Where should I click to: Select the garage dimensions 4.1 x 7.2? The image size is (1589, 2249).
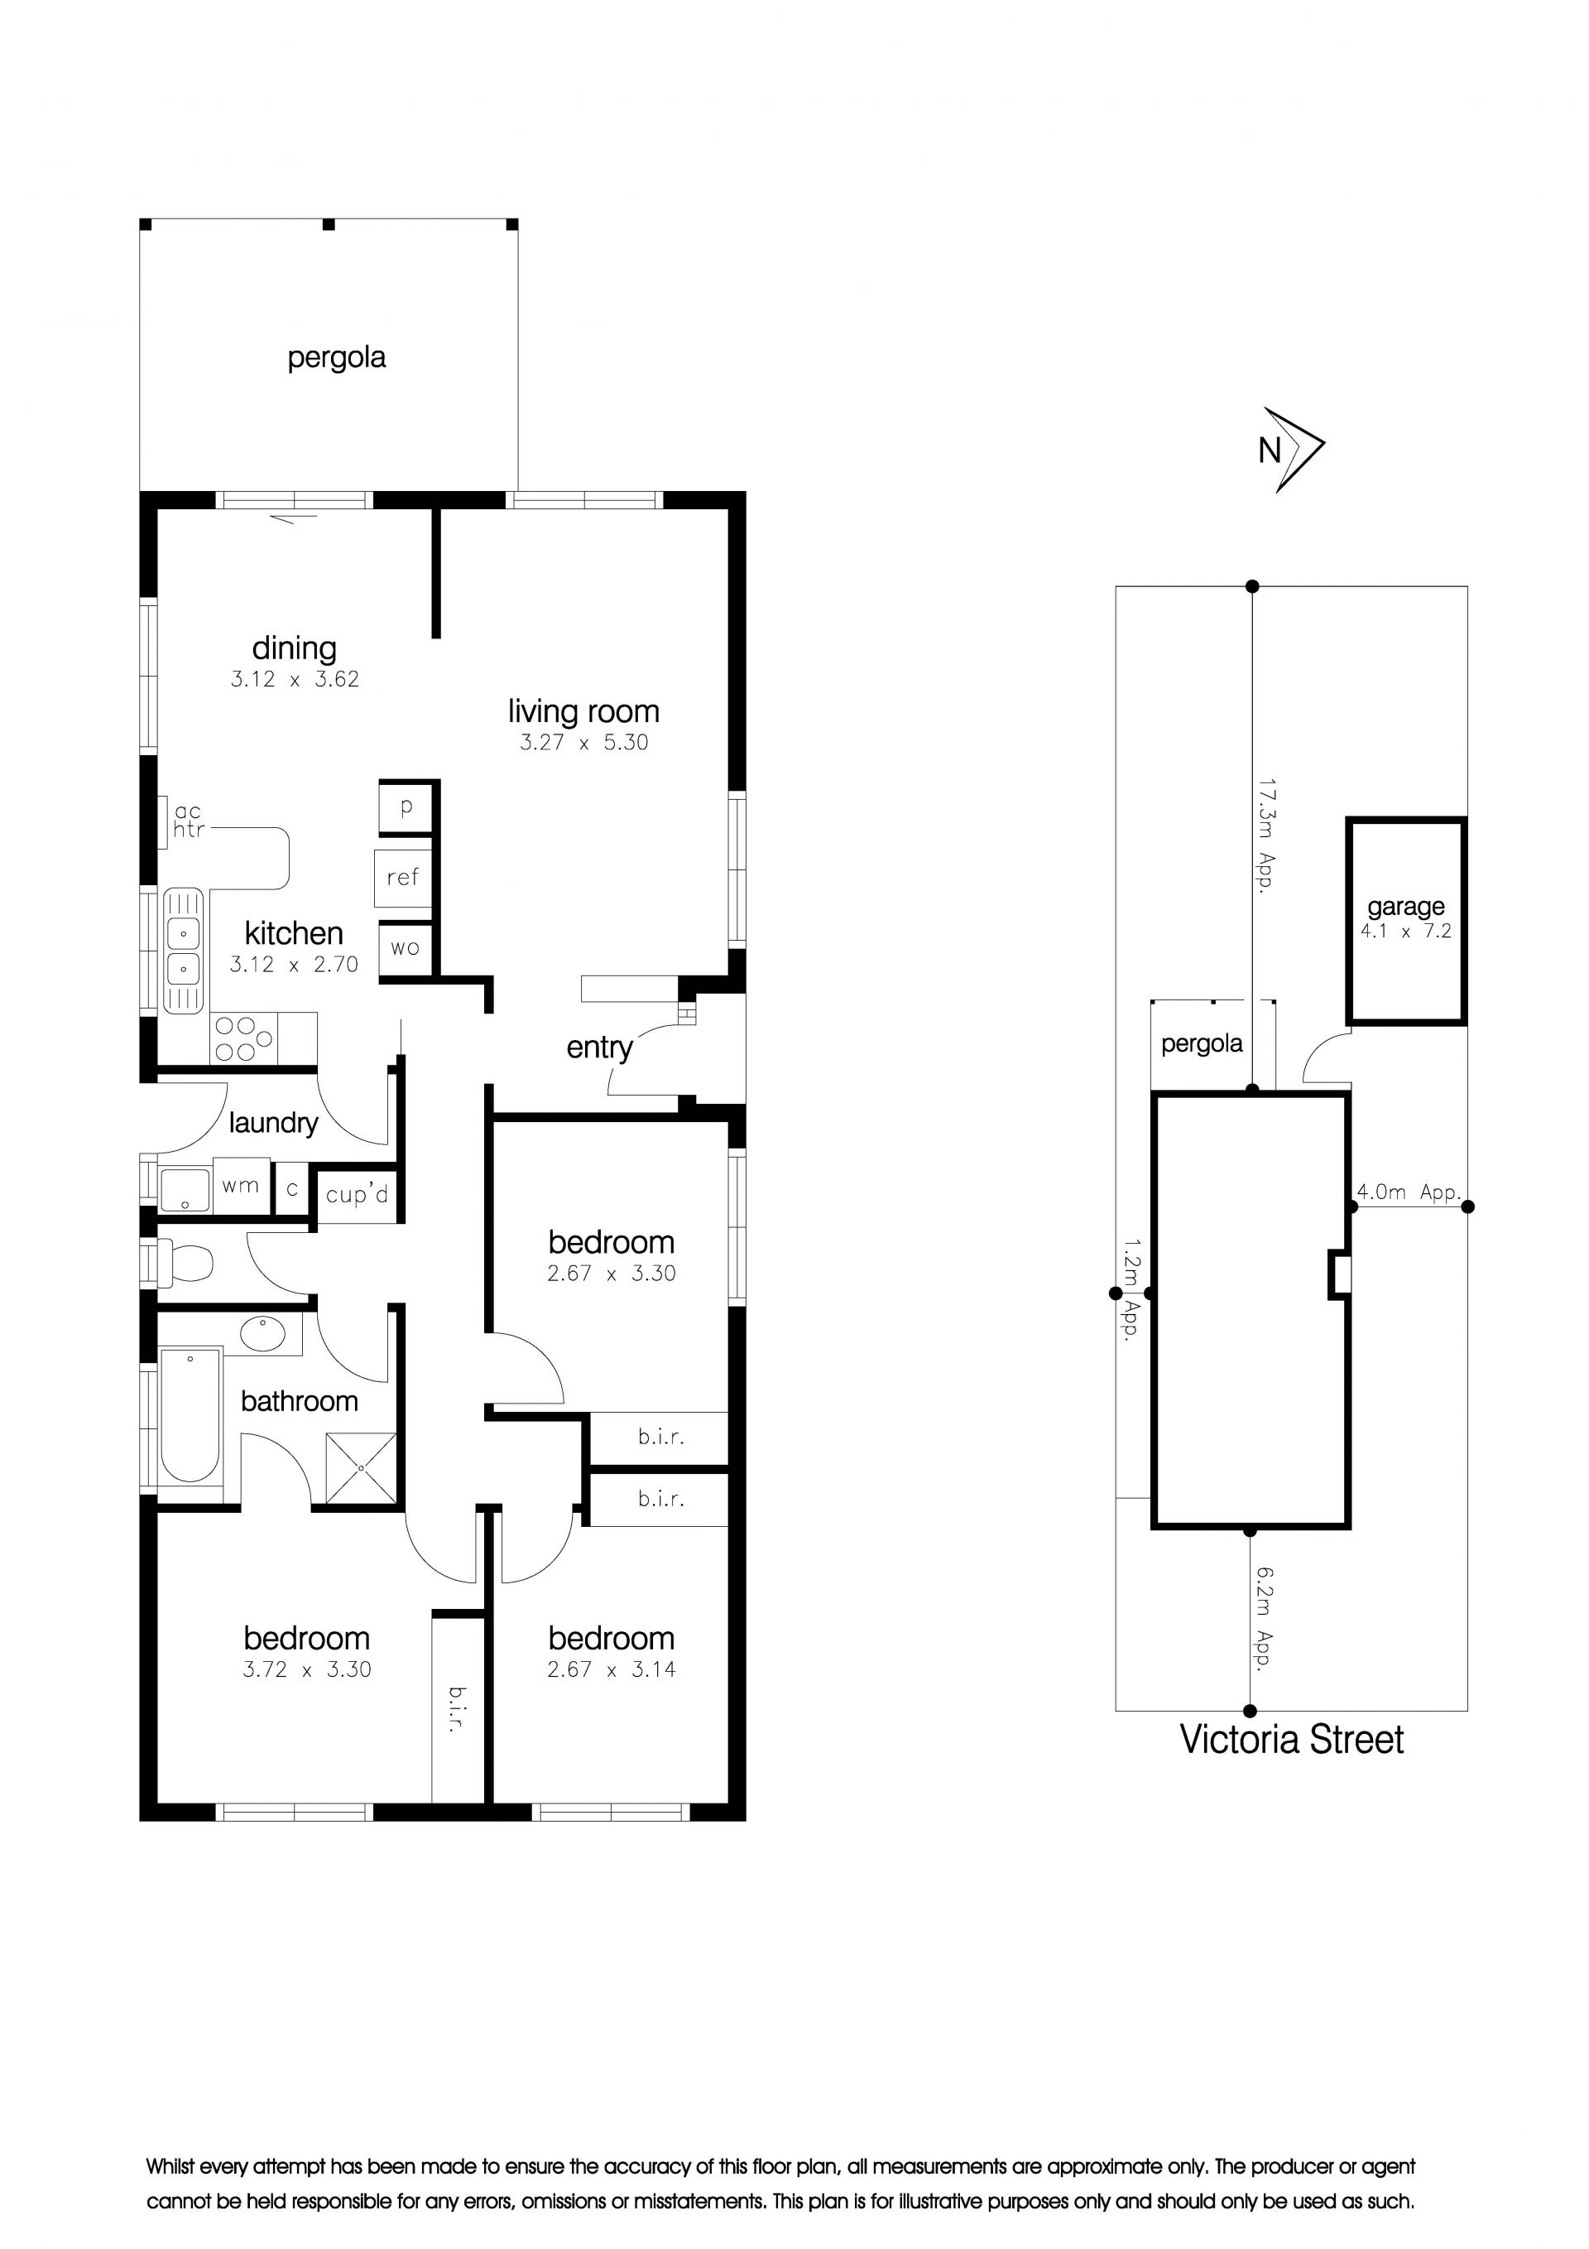click(1405, 932)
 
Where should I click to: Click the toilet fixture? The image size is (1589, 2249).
click(185, 1264)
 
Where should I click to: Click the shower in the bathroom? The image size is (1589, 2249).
click(362, 1468)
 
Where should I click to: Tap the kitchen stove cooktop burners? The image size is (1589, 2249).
click(244, 1039)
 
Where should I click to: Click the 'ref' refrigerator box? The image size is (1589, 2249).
click(402, 878)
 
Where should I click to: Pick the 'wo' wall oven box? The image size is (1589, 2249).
click(406, 948)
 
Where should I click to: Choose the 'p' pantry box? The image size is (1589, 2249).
click(406, 808)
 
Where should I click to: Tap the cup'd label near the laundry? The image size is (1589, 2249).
click(357, 1195)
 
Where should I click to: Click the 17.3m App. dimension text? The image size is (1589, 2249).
click(1266, 836)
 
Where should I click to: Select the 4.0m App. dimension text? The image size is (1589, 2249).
click(1408, 1192)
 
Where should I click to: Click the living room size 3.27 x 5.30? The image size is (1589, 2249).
click(583, 743)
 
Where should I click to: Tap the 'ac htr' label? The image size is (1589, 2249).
click(188, 821)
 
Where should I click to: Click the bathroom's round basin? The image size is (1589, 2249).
click(262, 1333)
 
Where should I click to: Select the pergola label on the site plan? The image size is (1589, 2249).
click(1202, 1044)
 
